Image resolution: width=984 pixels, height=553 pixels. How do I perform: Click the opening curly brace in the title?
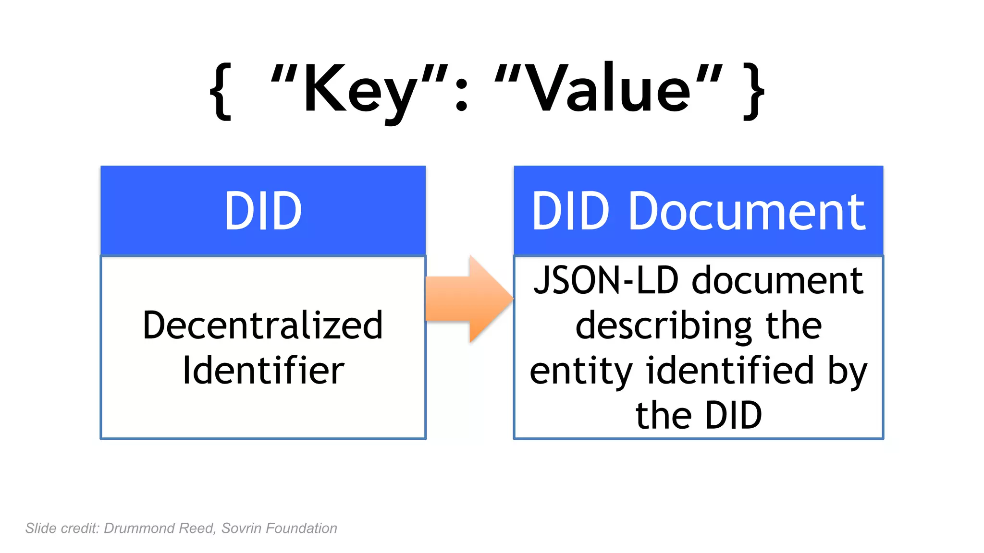pyautogui.click(x=221, y=91)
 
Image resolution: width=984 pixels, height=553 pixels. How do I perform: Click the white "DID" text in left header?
pyautogui.click(x=263, y=211)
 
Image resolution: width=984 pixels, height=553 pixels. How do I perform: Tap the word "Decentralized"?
pyautogui.click(x=263, y=326)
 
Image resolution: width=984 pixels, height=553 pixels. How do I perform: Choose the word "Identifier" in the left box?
pyautogui.click(x=263, y=371)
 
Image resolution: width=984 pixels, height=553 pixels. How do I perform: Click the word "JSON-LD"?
pyautogui.click(x=605, y=280)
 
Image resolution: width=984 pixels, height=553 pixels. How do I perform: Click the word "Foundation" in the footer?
pyautogui.click(x=301, y=529)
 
